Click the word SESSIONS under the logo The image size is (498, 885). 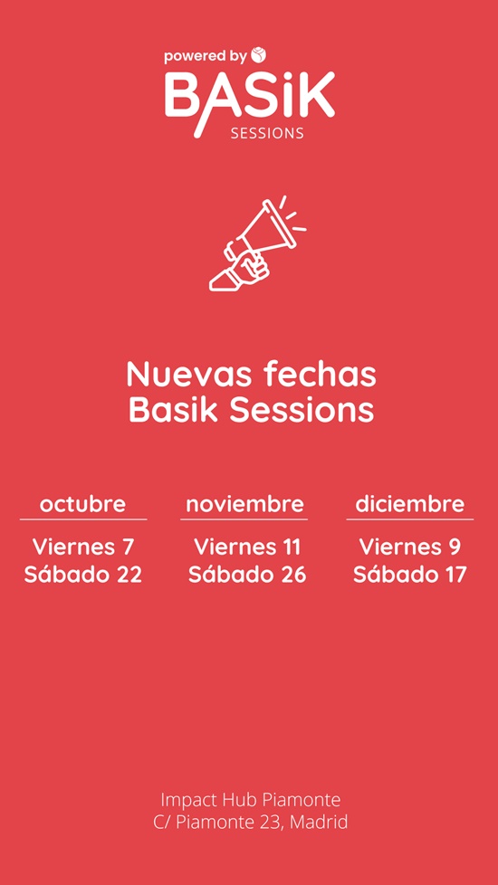click(x=267, y=133)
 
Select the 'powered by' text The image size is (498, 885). click(x=206, y=57)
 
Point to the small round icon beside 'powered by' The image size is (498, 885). click(x=259, y=55)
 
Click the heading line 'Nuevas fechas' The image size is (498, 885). click(x=251, y=374)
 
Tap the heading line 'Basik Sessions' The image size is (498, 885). click(x=251, y=410)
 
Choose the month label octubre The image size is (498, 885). click(x=82, y=503)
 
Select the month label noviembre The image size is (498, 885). click(x=244, y=503)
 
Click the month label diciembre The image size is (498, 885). click(x=410, y=503)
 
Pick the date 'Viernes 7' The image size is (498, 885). click(x=83, y=547)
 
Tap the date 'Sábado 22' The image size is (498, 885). click(x=83, y=575)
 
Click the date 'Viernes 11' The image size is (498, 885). click(x=247, y=547)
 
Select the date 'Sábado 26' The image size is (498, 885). click(x=247, y=575)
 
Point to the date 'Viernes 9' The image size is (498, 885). click(x=410, y=547)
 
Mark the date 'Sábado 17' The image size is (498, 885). click(x=410, y=575)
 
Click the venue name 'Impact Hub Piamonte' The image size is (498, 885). click(x=251, y=800)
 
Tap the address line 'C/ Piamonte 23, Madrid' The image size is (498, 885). click(x=251, y=822)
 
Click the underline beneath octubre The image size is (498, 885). click(x=83, y=519)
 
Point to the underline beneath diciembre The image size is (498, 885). click(x=410, y=519)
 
